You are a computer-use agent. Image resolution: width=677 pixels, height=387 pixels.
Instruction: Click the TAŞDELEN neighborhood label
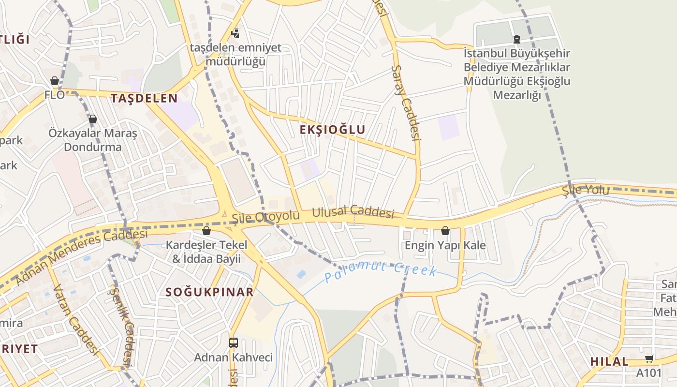click(x=144, y=98)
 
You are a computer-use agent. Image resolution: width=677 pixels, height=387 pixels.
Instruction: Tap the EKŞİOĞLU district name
click(x=332, y=130)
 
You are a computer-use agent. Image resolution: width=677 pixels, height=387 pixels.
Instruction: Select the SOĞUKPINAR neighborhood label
click(x=209, y=292)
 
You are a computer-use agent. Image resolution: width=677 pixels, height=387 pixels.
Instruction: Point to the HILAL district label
click(x=609, y=361)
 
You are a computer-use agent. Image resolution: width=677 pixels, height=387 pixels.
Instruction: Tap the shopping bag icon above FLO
click(x=55, y=81)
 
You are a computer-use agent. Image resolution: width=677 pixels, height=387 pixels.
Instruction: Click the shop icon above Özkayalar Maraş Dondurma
click(x=93, y=119)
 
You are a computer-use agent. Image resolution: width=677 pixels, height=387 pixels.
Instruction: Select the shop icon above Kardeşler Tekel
click(x=206, y=231)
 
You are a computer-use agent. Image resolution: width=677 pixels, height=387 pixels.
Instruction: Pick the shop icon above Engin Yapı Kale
click(x=445, y=231)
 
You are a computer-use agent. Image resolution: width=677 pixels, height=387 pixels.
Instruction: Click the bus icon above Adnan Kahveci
click(x=234, y=343)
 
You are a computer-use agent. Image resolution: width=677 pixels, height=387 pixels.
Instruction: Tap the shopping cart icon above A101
click(x=649, y=358)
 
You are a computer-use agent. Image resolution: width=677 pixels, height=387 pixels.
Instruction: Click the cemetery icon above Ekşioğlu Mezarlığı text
click(x=517, y=39)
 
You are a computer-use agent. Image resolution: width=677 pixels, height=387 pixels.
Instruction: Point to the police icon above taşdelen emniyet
click(x=235, y=33)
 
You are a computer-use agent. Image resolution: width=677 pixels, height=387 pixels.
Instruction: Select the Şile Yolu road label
click(x=586, y=190)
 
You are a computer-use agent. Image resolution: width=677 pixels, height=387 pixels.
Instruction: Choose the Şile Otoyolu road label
click(x=265, y=217)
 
